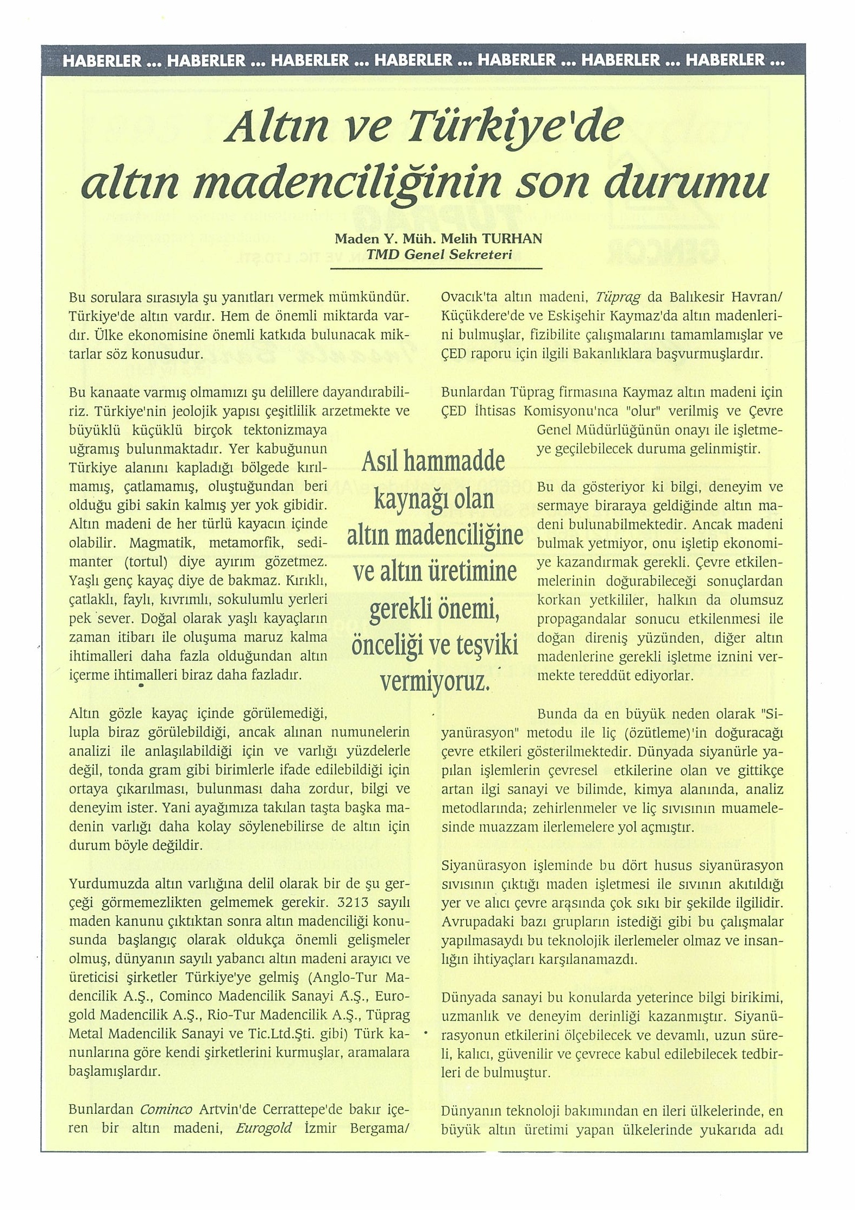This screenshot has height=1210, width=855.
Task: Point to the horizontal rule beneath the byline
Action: click(439, 268)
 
